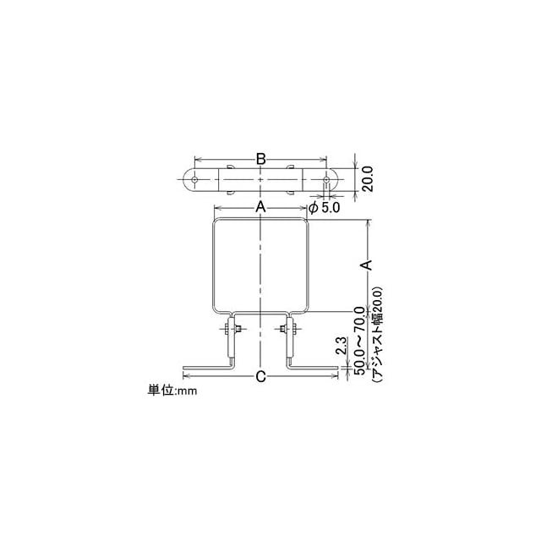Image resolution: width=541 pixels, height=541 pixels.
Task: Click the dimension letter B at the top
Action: tap(261, 159)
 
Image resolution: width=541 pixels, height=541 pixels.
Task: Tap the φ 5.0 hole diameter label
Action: tap(324, 208)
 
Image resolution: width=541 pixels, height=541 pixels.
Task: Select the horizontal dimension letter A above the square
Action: tap(260, 207)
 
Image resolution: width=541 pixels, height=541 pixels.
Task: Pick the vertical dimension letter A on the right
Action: tap(368, 265)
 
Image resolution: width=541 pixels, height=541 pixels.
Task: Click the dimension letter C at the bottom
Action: tap(261, 376)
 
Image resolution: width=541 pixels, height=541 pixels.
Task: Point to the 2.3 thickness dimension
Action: tap(341, 347)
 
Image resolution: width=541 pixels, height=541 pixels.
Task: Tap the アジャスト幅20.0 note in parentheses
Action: tap(376, 334)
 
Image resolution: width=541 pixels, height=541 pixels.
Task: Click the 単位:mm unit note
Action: tap(172, 391)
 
